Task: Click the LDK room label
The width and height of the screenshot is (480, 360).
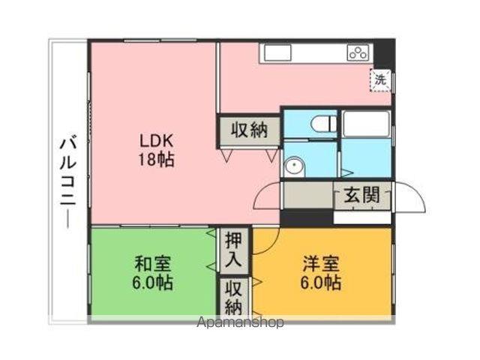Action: [156, 140]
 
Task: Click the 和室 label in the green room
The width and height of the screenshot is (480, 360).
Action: [153, 264]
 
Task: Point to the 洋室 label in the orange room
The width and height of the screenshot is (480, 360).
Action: [322, 264]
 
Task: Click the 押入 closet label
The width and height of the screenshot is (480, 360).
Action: [233, 251]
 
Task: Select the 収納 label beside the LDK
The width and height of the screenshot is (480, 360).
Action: [249, 130]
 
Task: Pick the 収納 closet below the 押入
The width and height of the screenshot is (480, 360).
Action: [233, 297]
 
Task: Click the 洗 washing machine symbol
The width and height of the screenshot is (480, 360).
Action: [381, 78]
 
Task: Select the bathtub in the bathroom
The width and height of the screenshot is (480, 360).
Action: [366, 124]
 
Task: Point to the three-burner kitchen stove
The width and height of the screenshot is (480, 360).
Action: [358, 52]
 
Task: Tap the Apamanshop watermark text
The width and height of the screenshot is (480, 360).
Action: [239, 323]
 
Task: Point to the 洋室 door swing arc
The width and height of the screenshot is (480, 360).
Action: [267, 240]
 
